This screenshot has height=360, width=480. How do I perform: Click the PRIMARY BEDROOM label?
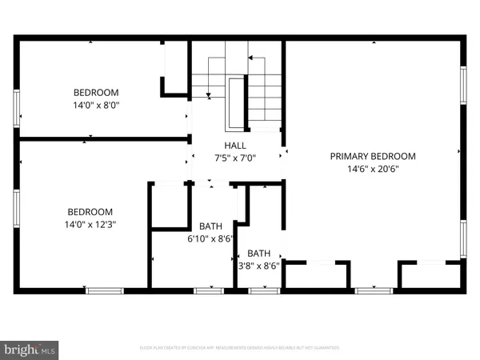pyautogui.click(x=373, y=156)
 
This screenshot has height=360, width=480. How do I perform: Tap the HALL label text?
pyautogui.click(x=234, y=145)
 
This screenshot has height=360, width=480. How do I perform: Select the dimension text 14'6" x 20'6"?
pyautogui.click(x=373, y=169)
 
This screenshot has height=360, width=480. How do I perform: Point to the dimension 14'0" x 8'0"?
pyautogui.click(x=97, y=104)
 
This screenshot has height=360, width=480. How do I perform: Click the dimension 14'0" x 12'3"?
pyautogui.click(x=90, y=224)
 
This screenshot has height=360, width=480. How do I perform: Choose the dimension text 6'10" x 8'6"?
pyautogui.click(x=210, y=238)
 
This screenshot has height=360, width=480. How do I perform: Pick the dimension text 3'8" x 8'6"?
pyautogui.click(x=259, y=266)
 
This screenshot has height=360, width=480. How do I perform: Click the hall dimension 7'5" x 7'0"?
pyautogui.click(x=234, y=158)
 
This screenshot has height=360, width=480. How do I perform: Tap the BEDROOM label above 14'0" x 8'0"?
pyautogui.click(x=97, y=91)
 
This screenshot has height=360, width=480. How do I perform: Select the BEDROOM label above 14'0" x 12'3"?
pyautogui.click(x=90, y=211)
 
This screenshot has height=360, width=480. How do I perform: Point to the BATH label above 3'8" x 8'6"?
pyautogui.click(x=259, y=254)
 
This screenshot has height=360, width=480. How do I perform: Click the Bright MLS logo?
pyautogui.click(x=30, y=349)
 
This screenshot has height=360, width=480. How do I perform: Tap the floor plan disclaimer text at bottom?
pyautogui.click(x=239, y=348)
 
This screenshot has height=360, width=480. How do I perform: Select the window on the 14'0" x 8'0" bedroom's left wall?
pyautogui.click(x=16, y=107)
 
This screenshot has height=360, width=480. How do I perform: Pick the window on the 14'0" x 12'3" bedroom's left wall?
pyautogui.click(x=16, y=210)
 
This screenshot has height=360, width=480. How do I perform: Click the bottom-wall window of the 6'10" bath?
pyautogui.click(x=208, y=290)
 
